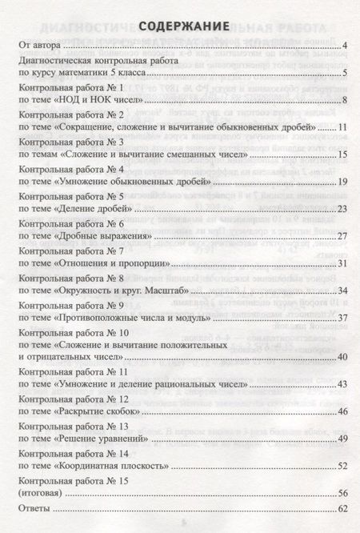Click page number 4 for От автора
click(342, 49)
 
